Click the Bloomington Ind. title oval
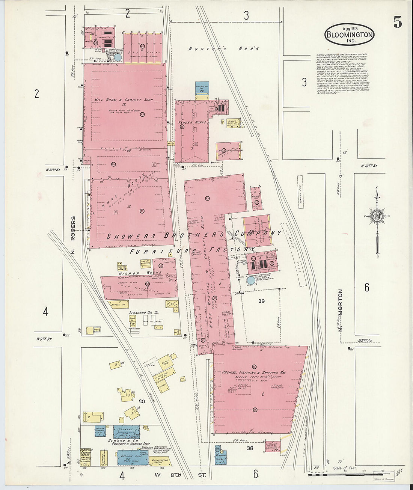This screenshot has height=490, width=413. tap(349, 35)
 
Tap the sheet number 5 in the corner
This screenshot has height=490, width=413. tap(398, 23)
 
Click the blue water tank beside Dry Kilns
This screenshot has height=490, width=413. tap(118, 57)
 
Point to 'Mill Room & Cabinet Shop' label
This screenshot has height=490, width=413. tap(119, 100)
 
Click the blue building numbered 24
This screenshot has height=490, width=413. tap(201, 88)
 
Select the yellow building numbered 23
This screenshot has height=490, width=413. tap(232, 123)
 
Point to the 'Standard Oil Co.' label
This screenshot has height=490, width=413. tap(144, 312)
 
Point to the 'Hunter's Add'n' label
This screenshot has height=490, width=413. tap(224, 48)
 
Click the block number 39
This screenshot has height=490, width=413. tap(262, 301)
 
